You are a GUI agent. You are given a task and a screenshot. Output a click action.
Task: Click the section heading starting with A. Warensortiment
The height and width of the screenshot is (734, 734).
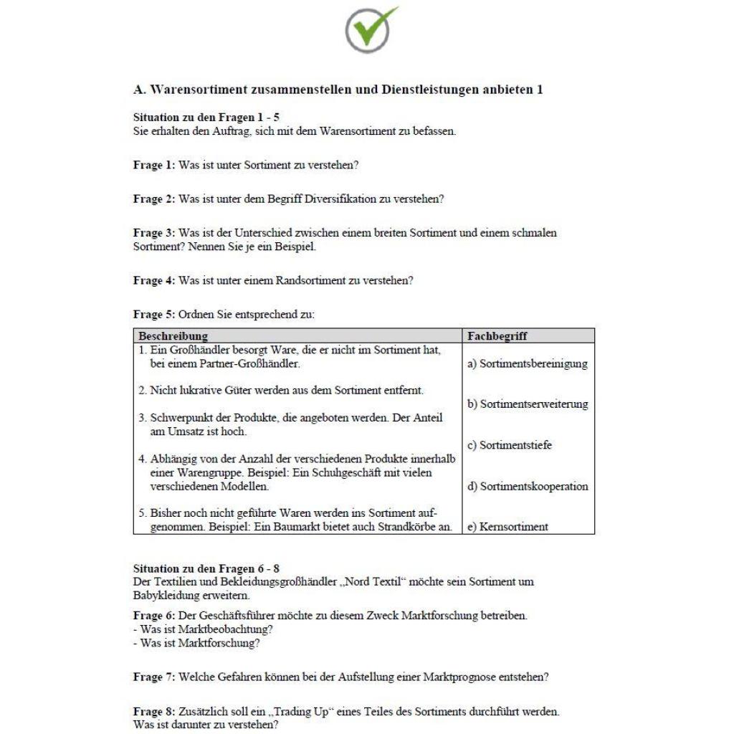[338, 90]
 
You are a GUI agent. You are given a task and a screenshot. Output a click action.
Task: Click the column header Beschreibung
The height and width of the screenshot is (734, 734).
[173, 335]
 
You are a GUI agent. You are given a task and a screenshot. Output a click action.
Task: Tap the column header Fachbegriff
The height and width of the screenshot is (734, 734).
[497, 335]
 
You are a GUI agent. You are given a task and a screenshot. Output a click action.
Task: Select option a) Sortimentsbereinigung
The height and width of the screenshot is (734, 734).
[527, 363]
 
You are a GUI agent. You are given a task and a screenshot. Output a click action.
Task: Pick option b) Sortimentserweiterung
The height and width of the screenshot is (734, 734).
[527, 404]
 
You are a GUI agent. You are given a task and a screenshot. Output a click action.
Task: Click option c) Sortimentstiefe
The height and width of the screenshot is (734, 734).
[510, 445]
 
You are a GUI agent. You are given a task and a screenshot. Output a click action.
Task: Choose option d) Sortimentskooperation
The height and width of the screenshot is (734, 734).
[527, 487]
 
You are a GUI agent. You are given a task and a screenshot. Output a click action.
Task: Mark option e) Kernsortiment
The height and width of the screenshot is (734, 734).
[507, 527]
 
